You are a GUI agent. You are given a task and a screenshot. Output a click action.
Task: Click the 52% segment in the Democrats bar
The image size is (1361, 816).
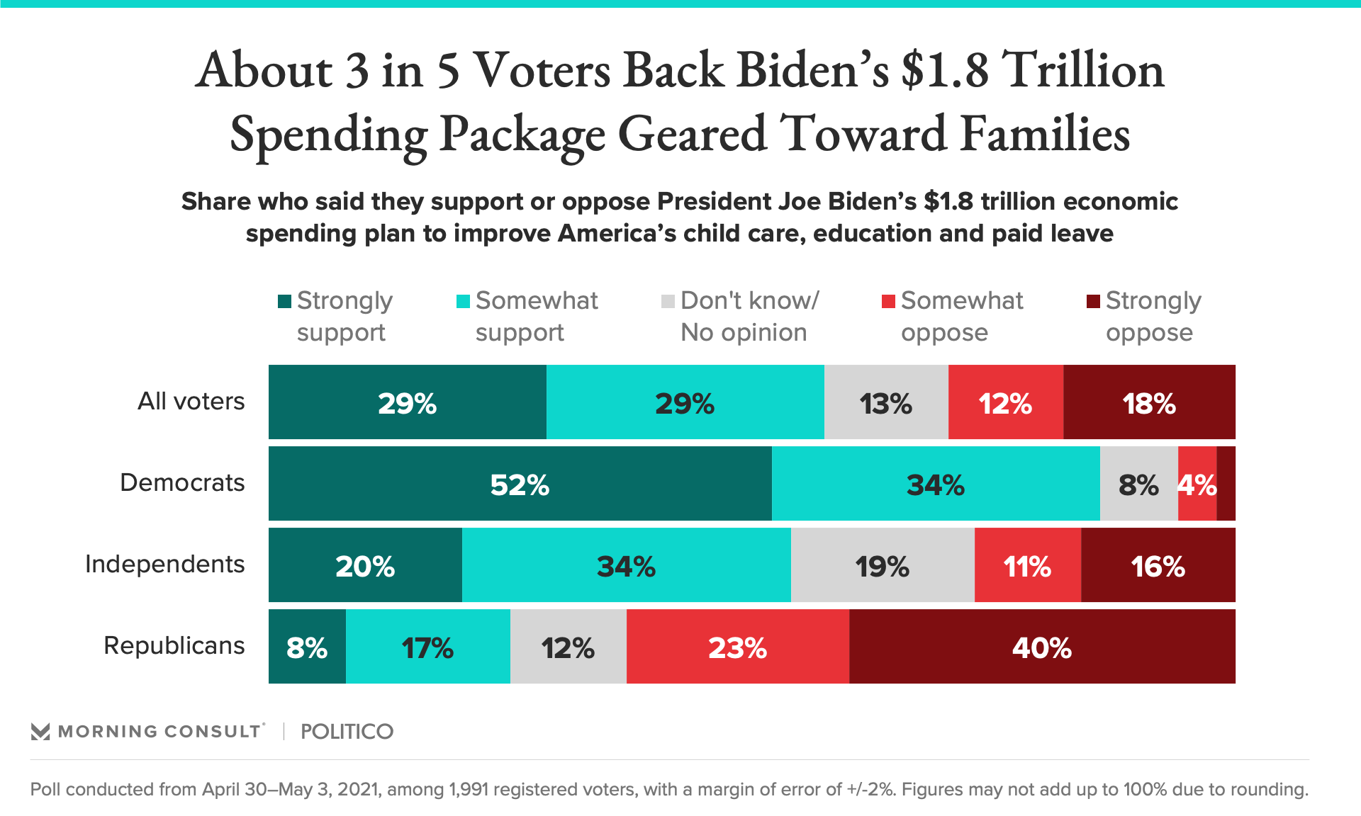(x=520, y=484)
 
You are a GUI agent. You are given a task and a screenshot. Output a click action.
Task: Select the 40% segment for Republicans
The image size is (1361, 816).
(x=1042, y=647)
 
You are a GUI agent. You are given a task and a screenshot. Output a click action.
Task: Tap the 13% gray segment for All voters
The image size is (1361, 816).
(x=886, y=402)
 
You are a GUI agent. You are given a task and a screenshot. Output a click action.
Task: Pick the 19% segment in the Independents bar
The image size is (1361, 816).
(x=883, y=565)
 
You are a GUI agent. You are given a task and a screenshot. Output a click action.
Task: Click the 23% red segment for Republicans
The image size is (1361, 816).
(x=738, y=647)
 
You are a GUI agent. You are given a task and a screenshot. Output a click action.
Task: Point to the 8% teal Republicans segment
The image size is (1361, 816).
(x=307, y=647)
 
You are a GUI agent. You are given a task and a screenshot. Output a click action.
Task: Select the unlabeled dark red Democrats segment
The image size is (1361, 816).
(x=1226, y=484)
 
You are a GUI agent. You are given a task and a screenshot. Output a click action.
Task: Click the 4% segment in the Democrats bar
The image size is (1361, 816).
(x=1197, y=484)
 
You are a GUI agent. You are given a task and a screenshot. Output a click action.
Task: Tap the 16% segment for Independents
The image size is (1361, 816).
(x=1158, y=565)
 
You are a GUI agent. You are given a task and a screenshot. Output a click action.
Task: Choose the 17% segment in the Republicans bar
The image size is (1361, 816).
(x=427, y=647)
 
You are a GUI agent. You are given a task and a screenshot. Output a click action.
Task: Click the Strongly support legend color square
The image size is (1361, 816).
(x=285, y=302)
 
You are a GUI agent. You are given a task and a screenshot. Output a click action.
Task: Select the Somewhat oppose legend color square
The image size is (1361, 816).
(x=888, y=302)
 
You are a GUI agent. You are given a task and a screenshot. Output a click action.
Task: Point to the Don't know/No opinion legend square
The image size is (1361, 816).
(x=668, y=302)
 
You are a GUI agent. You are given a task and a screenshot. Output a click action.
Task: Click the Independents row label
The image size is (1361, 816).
(x=164, y=564)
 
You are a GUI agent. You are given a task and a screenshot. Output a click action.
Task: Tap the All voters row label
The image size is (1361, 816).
(x=191, y=401)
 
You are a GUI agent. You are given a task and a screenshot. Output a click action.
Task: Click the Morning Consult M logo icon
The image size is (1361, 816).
(x=40, y=731)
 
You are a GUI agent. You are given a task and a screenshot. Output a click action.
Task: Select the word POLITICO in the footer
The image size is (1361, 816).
(x=347, y=731)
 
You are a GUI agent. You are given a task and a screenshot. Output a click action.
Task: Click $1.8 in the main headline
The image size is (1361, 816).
(x=945, y=71)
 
